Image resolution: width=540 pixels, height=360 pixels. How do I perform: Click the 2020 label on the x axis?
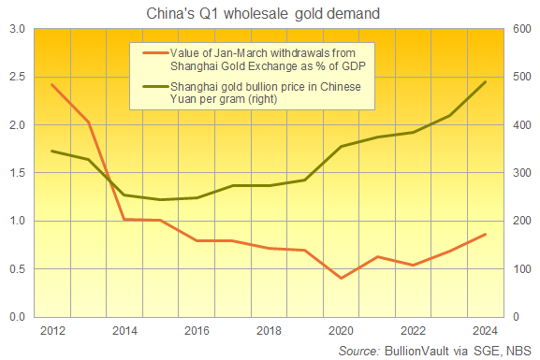(x=342, y=332)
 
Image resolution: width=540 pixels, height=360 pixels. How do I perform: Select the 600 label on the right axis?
(x=520, y=28)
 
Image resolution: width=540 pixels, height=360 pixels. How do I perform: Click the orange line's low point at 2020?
(x=342, y=278)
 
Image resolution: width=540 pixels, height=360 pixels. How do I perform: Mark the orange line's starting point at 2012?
(x=51, y=84)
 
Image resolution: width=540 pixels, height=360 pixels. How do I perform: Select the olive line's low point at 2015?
(x=160, y=199)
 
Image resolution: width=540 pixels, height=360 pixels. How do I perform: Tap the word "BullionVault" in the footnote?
(x=424, y=350)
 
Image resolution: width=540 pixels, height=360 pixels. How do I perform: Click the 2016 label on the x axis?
(x=197, y=332)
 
